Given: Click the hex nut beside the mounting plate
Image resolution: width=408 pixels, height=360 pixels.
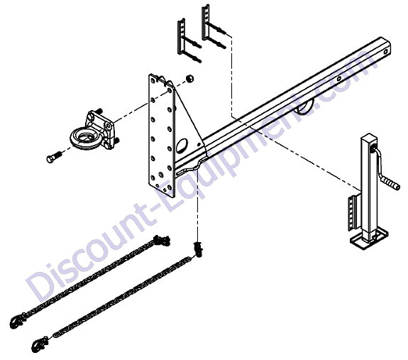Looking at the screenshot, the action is (x=190, y=78).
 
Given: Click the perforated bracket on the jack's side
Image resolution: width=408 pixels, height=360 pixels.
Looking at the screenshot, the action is (x=353, y=212).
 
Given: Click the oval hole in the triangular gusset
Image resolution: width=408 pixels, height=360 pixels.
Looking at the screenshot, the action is (x=182, y=146).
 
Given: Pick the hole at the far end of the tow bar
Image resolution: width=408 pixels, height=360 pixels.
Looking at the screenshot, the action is (x=385, y=51).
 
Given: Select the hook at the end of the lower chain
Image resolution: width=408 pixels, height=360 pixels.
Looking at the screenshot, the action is (x=39, y=344).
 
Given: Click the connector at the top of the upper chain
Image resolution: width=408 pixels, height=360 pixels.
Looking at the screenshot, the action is (x=162, y=240).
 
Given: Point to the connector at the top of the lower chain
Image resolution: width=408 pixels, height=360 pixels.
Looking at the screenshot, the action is (x=198, y=249).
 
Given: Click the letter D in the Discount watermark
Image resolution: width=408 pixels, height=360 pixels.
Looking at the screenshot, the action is (x=41, y=287).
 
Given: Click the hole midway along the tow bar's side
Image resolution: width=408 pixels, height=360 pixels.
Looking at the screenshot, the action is (x=338, y=78).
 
